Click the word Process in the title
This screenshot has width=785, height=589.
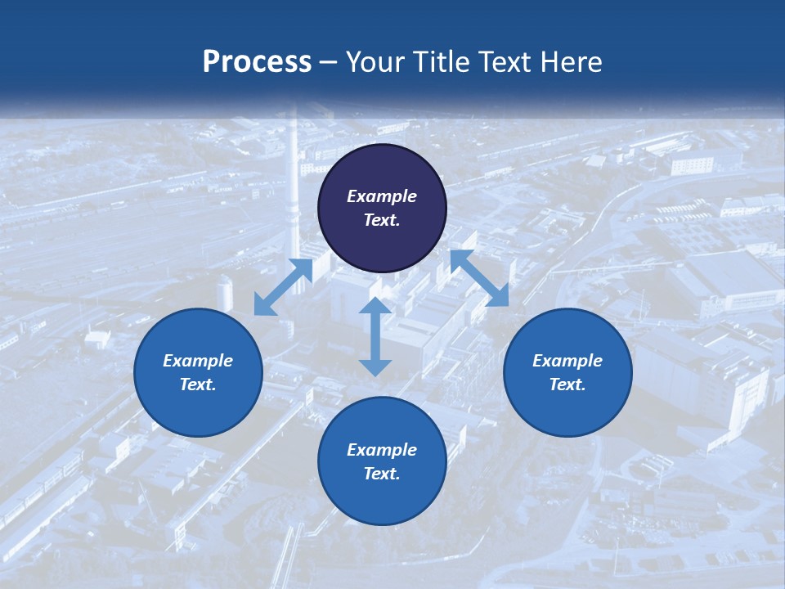pos(257,62)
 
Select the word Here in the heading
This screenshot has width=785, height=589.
pos(571,62)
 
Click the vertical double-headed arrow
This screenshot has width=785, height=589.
pos(375,336)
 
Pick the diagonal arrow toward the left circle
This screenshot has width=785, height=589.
pos(283,287)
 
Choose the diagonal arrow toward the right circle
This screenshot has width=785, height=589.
pos(479,278)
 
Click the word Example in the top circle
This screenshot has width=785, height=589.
pos(382,196)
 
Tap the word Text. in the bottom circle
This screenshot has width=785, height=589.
pos(382,474)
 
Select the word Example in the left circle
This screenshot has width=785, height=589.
pos(198,361)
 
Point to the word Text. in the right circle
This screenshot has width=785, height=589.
pos(567,384)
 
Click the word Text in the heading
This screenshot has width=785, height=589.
pos(505,62)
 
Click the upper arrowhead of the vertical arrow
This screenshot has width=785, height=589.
pos(375,306)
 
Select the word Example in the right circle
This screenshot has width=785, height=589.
pos(567,361)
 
